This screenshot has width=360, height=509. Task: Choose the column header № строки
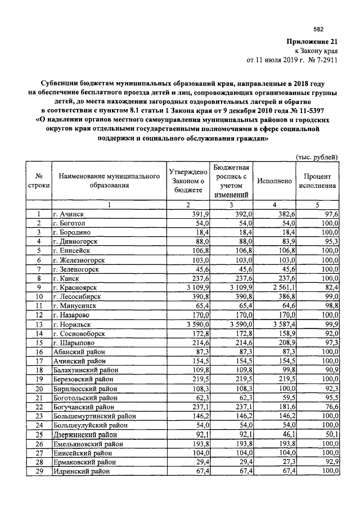coord(39,181)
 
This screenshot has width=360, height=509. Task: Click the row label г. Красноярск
coord(76,287)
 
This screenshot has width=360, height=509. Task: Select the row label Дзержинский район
coord(86,434)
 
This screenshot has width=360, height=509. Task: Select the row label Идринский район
coord(81,471)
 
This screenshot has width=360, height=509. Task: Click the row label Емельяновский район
coord(88,443)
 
